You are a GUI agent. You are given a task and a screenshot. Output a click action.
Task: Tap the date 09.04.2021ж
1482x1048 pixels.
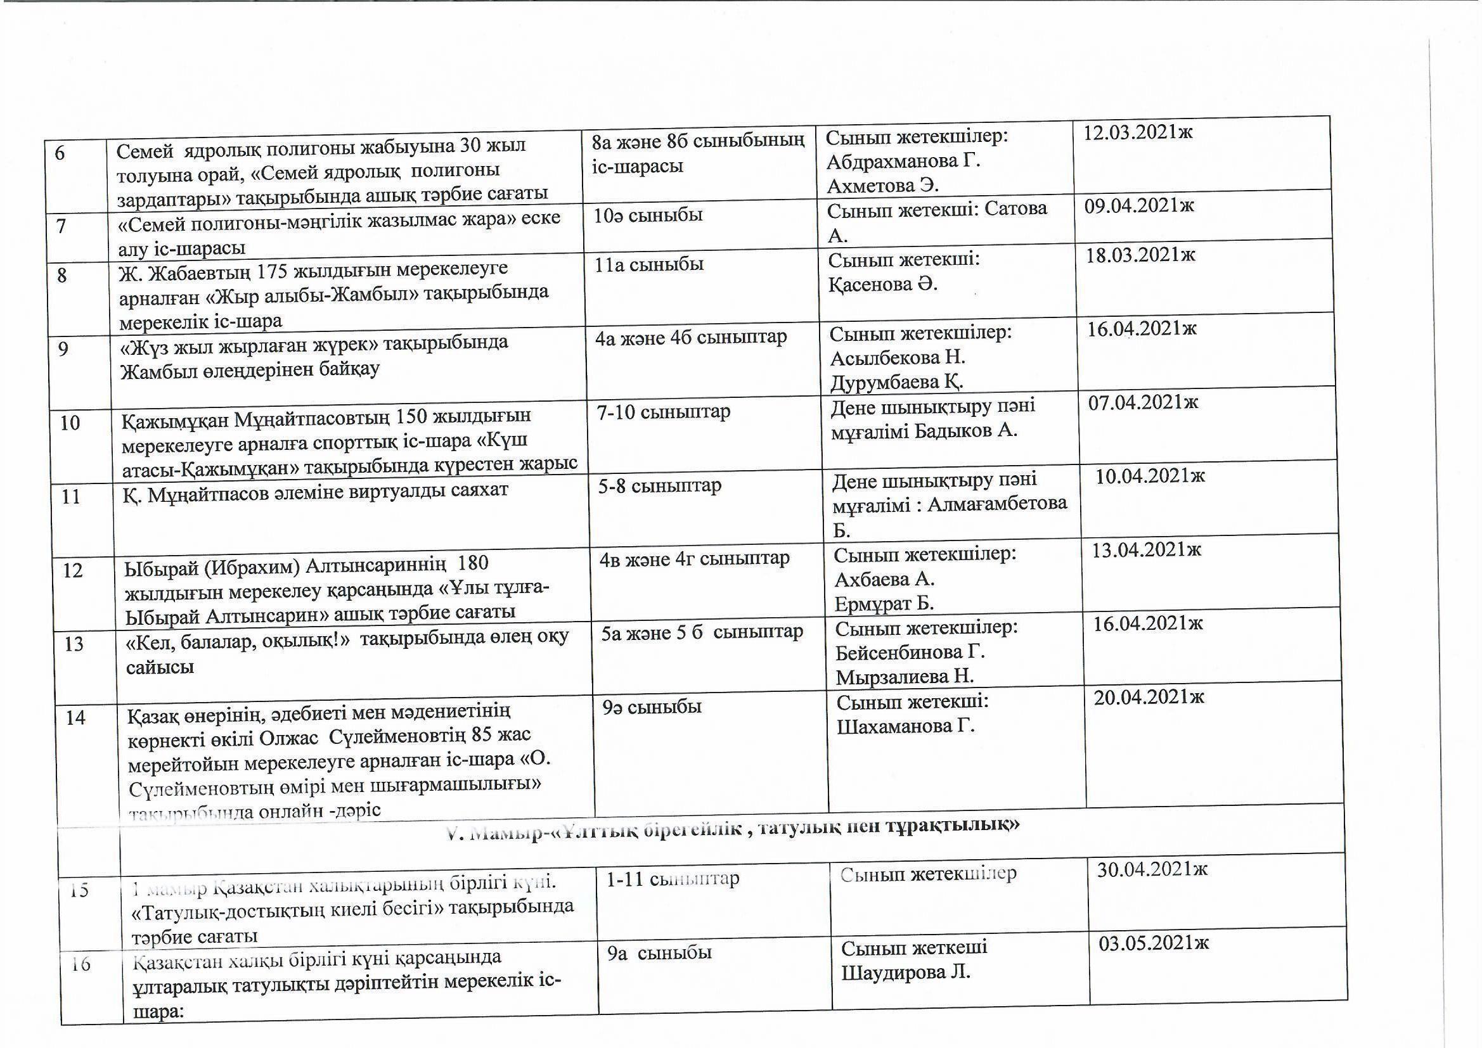[x=1138, y=206]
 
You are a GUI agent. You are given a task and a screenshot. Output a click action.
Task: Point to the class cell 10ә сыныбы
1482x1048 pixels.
[x=648, y=215]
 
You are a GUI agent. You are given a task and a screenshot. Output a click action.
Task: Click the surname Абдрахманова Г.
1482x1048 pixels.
[x=903, y=161]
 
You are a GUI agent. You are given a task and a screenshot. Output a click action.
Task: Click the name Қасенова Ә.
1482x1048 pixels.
[x=882, y=284]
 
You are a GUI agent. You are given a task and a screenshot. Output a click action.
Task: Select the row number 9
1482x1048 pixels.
[x=63, y=349]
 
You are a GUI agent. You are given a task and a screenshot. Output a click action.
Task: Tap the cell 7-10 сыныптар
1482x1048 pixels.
[x=664, y=412]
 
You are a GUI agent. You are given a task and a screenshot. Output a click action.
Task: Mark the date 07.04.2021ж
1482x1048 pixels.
[x=1142, y=403]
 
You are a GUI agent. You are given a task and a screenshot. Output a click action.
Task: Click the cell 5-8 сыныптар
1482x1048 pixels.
[x=659, y=485]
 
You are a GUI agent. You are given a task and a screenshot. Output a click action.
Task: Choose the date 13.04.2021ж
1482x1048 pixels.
[x=1146, y=550]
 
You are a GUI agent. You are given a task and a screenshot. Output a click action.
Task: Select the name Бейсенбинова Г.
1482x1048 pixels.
[x=910, y=653]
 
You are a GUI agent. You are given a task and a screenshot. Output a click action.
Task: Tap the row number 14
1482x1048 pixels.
[x=75, y=717]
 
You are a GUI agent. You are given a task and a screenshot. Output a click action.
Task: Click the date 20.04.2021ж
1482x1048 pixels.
[x=1149, y=697]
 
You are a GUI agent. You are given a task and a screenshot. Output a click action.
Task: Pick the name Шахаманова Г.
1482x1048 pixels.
[x=906, y=727]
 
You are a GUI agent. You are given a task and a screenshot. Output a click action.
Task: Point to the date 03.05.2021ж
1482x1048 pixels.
[x=1154, y=943]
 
